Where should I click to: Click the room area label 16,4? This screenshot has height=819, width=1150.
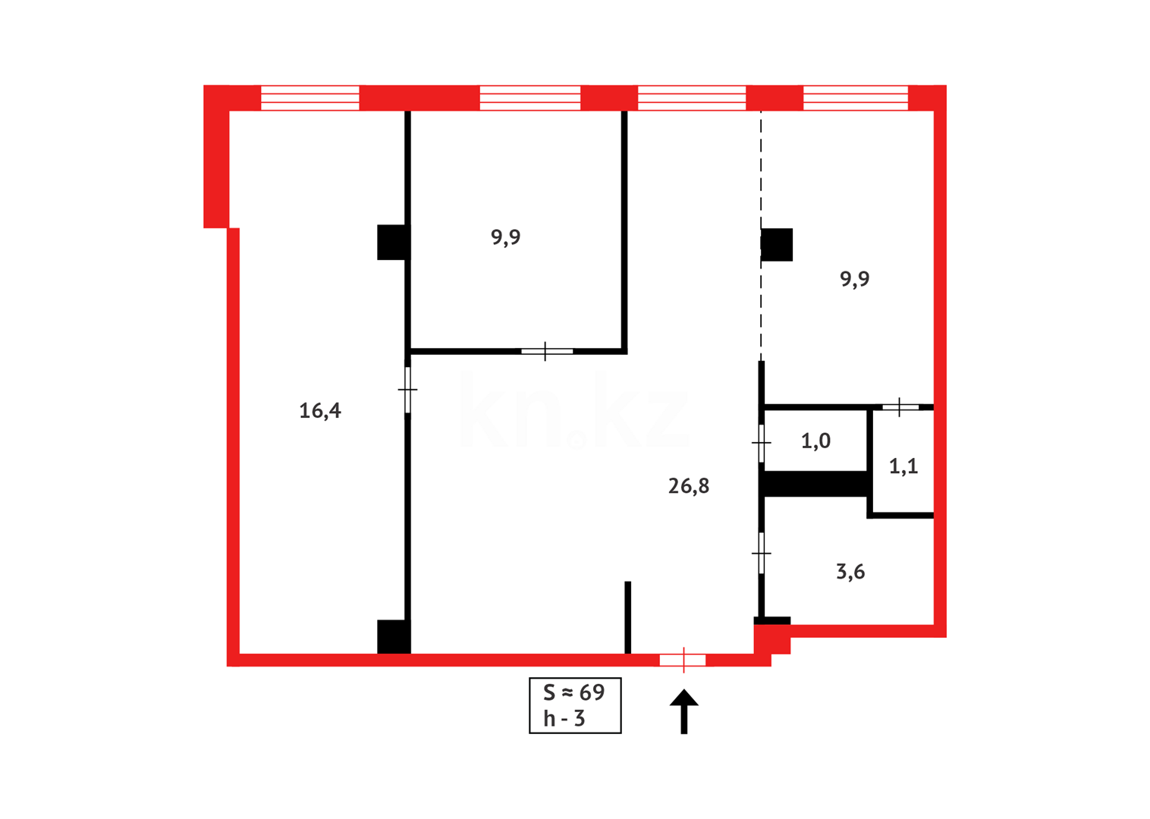(320, 411)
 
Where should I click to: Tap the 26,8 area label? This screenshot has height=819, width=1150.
(689, 486)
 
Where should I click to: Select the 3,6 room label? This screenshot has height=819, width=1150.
(850, 572)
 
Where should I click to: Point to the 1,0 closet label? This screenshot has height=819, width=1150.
(815, 441)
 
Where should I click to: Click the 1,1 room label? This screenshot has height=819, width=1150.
(903, 466)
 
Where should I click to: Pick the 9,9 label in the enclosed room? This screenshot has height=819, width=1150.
(505, 237)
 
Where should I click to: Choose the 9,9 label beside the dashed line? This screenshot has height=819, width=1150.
(855, 279)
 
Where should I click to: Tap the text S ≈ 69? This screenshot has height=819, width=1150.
(574, 692)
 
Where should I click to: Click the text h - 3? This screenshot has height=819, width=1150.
(564, 718)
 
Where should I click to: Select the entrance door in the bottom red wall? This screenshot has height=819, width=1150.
(683, 661)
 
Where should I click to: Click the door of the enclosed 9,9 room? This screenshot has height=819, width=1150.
(546, 351)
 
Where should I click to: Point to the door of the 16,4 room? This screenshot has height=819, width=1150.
(408, 390)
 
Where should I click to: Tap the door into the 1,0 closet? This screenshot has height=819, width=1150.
(762, 442)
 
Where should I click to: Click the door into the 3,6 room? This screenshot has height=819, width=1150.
(762, 554)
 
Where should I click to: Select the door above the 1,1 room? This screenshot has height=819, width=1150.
(900, 407)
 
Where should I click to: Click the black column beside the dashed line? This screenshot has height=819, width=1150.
(777, 245)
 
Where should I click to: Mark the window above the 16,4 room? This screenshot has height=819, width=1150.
(309, 98)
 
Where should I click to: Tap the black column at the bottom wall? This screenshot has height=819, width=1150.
(394, 637)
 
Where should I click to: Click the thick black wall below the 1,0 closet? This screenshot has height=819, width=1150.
(815, 484)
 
